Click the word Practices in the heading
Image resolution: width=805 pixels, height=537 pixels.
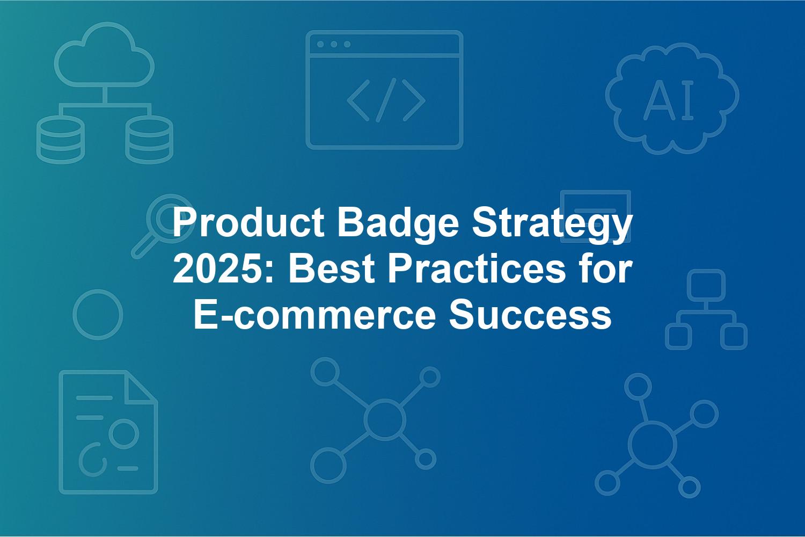pos(475,268)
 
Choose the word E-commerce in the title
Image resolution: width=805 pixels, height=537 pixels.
pos(315,314)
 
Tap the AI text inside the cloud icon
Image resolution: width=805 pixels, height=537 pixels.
pos(669,100)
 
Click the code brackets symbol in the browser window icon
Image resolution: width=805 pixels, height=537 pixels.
pos(386,100)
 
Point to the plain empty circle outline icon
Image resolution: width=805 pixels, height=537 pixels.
pos(98,314)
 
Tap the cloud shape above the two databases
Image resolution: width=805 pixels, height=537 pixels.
pos(104,54)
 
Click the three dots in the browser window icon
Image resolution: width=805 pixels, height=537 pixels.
pos(334,44)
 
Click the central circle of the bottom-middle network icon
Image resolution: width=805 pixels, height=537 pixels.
pos(385,419)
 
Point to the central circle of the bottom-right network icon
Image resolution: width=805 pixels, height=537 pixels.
pos(652,444)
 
